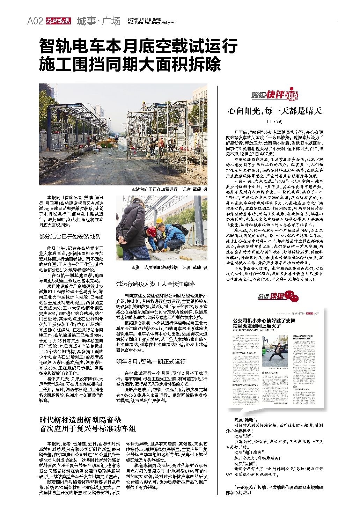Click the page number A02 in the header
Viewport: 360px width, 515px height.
(x=35, y=21)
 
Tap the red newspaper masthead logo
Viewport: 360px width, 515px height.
(x=58, y=21)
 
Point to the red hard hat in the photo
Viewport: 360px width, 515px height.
(x=152, y=230)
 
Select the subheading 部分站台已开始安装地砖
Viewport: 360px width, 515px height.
(x=70, y=236)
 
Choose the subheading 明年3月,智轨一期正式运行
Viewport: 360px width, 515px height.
(x=151, y=361)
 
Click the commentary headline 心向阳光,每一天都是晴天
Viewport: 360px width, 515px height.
(x=274, y=111)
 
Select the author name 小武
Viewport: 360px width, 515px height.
(x=277, y=122)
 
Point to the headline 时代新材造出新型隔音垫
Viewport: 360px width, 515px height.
(x=80, y=420)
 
